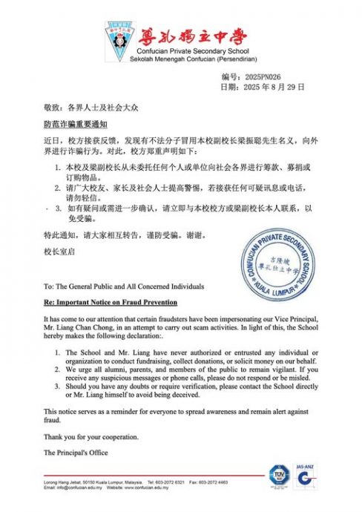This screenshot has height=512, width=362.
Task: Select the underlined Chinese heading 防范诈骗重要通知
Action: pyautogui.click(x=76, y=122)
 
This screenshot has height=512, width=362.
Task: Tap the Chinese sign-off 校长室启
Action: pyautogui.click(x=59, y=252)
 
